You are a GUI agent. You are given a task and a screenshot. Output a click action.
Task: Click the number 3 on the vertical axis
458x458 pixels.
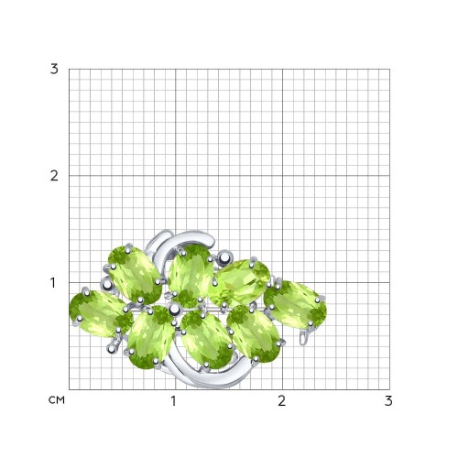click(x=54, y=70)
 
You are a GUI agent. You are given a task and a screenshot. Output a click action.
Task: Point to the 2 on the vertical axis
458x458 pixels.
click(x=54, y=176)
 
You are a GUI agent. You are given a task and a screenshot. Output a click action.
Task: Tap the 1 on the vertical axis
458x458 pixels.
click(x=53, y=283)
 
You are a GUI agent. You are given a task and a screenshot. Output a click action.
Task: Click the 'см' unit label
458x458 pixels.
click(x=57, y=400)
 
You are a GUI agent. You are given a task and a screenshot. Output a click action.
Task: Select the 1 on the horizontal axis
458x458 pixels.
click(x=173, y=401)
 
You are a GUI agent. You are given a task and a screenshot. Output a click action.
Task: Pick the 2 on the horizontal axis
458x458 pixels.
click(x=281, y=401)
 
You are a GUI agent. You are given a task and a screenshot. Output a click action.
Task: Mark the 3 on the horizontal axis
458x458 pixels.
click(x=388, y=401)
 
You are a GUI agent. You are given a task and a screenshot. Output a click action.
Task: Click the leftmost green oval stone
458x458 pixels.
click(x=101, y=313)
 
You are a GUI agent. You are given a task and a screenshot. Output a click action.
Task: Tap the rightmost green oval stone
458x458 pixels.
click(x=295, y=304)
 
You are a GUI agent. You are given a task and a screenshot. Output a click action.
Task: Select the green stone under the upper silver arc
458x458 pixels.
click(x=191, y=276)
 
